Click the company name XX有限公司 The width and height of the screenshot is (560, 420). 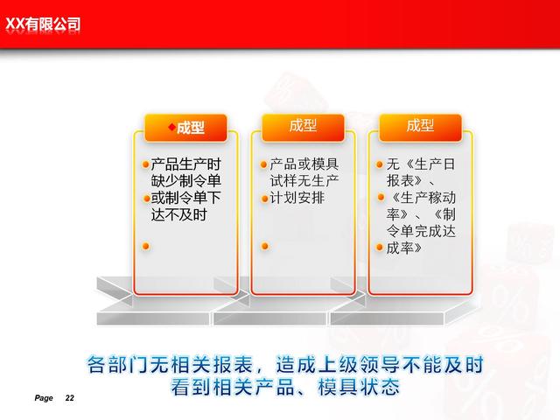(x=43, y=24)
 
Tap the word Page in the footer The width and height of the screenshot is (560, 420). (x=44, y=398)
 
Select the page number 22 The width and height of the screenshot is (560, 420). (x=70, y=398)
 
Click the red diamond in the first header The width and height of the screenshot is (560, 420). (x=172, y=127)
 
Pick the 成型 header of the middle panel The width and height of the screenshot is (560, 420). (x=303, y=126)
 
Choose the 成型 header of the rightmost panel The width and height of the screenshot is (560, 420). (x=420, y=126)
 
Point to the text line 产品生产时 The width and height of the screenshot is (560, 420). (x=185, y=164)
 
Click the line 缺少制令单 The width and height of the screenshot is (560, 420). (x=185, y=181)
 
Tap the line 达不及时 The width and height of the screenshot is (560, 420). (x=178, y=215)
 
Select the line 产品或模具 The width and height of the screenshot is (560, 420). (x=304, y=164)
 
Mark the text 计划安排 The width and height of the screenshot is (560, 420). (x=297, y=198)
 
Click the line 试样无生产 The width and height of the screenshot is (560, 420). (x=304, y=181)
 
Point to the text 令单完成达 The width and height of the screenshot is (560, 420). (x=421, y=231)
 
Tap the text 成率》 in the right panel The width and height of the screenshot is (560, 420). (x=404, y=248)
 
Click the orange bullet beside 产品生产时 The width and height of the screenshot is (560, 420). (x=145, y=164)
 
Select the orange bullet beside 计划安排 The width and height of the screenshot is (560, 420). (x=264, y=199)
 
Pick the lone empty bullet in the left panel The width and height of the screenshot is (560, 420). (x=146, y=246)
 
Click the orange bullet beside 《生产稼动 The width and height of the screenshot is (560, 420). (x=381, y=197)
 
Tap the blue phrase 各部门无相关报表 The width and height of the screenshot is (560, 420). (x=171, y=364)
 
